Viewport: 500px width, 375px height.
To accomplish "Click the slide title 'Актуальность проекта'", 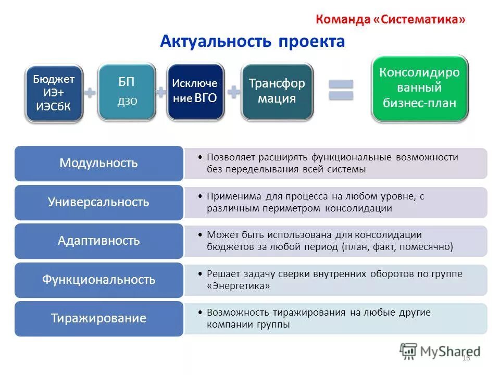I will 252,42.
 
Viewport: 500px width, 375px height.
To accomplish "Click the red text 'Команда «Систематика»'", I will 390,19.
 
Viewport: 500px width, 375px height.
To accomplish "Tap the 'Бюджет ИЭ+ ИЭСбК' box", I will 54,93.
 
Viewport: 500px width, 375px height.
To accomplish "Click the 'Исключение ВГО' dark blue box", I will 195,91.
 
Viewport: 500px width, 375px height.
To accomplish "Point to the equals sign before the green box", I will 341,90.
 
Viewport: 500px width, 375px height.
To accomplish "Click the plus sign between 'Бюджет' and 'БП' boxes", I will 90,93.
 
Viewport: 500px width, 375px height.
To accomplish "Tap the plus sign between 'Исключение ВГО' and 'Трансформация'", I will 233,92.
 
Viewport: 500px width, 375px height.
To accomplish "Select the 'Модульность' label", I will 99,163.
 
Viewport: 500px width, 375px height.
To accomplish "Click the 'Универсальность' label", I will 99,202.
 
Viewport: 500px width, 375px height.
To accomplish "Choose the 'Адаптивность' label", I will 99,241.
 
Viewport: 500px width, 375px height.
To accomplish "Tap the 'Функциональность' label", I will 99,280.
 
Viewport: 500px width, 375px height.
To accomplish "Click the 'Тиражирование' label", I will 99,318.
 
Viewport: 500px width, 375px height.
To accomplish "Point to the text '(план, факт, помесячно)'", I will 397,247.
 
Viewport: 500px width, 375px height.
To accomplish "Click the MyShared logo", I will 440,351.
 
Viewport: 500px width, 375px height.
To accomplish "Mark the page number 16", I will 466,358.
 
